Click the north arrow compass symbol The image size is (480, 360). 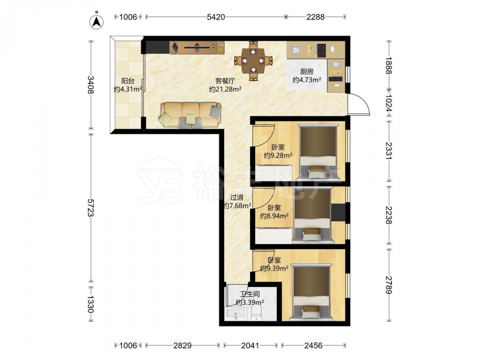coord(96,22)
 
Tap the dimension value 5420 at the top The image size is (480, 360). coord(216,17)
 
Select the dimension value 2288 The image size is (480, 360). coord(315,17)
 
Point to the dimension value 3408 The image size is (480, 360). coord(91,85)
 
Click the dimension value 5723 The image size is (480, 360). coord(91,207)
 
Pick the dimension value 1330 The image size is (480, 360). coord(91,304)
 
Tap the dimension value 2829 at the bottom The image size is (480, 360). coord(182,346)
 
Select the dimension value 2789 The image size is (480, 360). coord(389,285)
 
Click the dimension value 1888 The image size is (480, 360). coord(389,65)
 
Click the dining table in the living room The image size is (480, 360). coord(253,61)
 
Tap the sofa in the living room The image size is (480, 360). coord(191,115)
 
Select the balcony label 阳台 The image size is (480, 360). coord(128,81)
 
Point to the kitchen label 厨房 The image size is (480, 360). coord(307,72)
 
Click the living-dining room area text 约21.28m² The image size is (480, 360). coord(225,89)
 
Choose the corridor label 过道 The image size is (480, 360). coord(237,197)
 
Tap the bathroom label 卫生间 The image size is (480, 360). coord(250,294)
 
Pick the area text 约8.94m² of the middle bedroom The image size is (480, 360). coord(274,216)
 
